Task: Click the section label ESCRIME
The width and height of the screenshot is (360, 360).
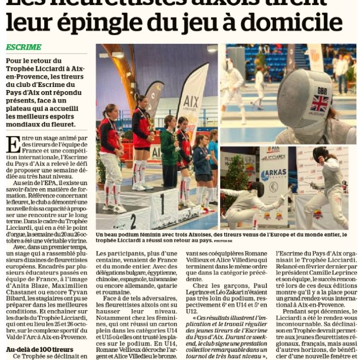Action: [x=24, y=47]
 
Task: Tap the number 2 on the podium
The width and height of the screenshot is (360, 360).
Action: [x=133, y=221]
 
